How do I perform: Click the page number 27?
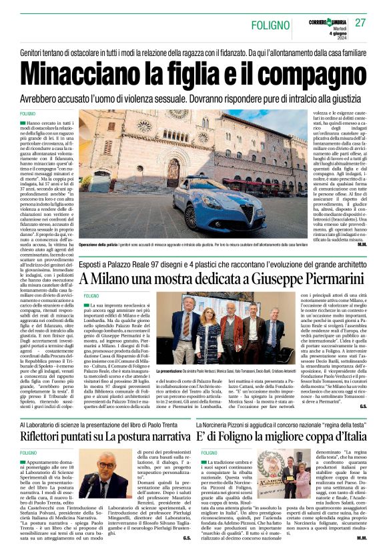click(x=361, y=22)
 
